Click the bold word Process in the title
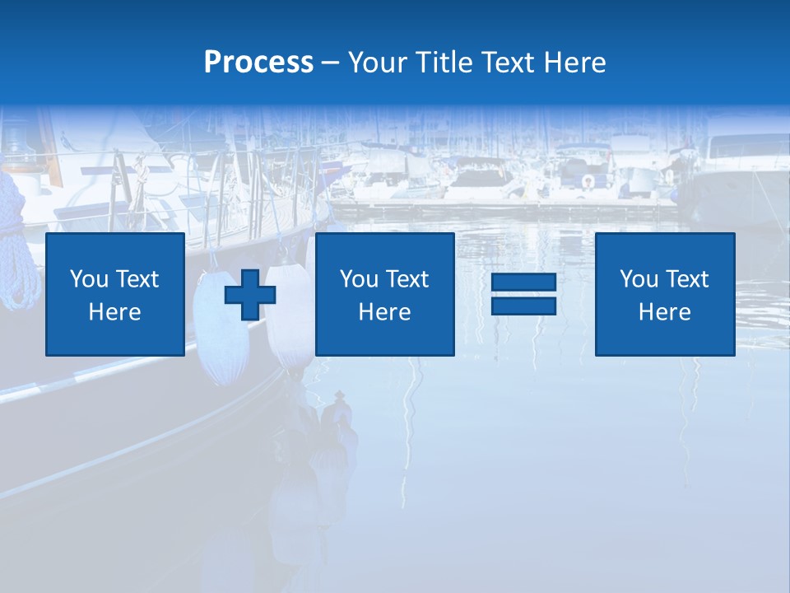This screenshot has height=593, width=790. coord(258,63)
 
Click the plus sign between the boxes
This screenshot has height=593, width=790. coord(250,294)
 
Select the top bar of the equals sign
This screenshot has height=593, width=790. coord(523,282)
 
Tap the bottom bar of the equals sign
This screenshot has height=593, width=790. coord(523,306)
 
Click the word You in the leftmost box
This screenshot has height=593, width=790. coord(88,279)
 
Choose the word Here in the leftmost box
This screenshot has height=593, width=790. coord(114,312)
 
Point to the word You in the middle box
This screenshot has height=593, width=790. coord(358,279)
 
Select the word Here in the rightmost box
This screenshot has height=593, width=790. coord(664,312)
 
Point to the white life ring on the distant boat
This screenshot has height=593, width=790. coord(588,181)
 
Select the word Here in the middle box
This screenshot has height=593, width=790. coord(384,312)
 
